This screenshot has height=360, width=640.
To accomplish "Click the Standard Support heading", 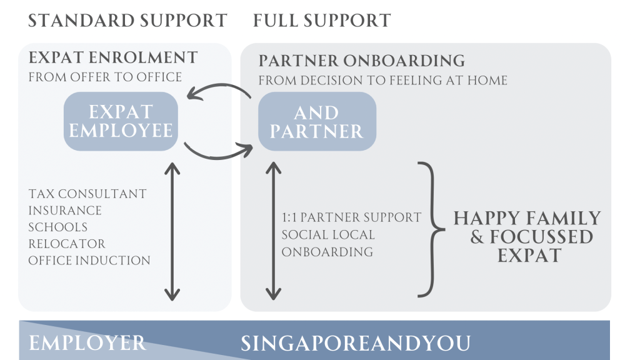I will (127, 21).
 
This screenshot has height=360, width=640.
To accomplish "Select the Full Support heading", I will (322, 21).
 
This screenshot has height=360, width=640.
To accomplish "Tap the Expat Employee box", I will (121, 121).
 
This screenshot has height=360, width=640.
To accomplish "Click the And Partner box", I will (317, 121).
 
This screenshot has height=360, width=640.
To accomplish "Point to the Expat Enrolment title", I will (113, 59).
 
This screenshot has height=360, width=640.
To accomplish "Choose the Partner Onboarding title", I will (361, 61).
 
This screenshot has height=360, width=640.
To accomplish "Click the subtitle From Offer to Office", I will (105, 77).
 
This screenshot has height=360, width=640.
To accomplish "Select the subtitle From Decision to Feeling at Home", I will (382, 81).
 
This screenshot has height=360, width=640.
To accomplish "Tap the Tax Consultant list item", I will (87, 194).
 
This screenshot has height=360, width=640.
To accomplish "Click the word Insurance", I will (65, 211).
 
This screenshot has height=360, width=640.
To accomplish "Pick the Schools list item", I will (58, 227).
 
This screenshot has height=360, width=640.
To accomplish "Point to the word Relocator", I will (67, 244).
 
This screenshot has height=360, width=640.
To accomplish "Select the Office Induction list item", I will (89, 260).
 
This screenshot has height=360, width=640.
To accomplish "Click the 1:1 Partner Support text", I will (351, 218).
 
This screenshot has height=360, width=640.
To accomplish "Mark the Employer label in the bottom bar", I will (87, 343).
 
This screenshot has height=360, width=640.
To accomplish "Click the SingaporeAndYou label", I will (356, 343).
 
